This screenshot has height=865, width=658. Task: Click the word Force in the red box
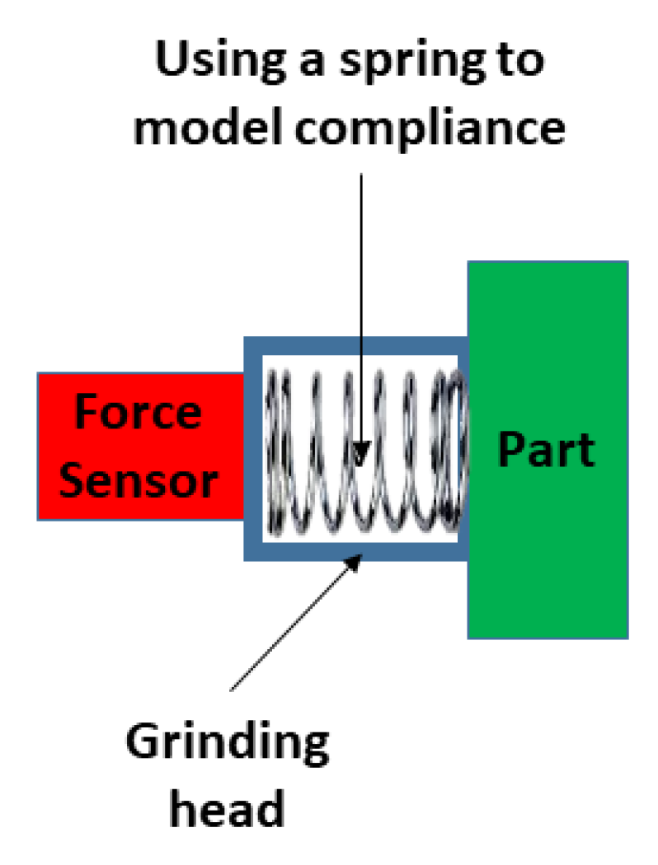[x=138, y=411]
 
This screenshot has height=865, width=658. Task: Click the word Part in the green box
[x=546, y=450]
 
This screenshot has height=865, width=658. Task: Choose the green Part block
[x=548, y=560]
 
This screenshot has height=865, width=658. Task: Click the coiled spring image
[x=363, y=449]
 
